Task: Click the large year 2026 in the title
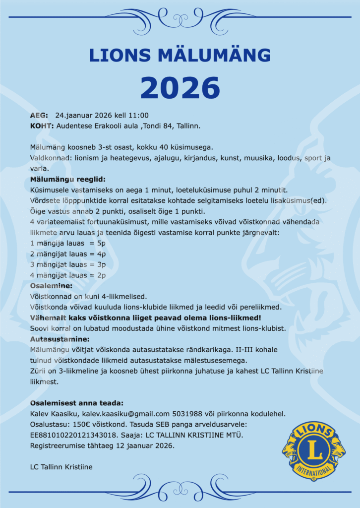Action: [180, 88]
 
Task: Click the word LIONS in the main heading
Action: [120, 55]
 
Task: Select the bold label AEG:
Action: [39, 115]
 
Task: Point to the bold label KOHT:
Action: [42, 126]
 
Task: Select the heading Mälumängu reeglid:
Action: [68, 179]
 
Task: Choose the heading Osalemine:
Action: [51, 286]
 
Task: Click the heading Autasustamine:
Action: [60, 339]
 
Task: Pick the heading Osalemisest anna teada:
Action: [76, 403]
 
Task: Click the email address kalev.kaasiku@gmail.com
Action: [126, 414]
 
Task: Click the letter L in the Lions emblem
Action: [313, 450]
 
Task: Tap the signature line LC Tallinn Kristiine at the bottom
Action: [61, 467]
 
